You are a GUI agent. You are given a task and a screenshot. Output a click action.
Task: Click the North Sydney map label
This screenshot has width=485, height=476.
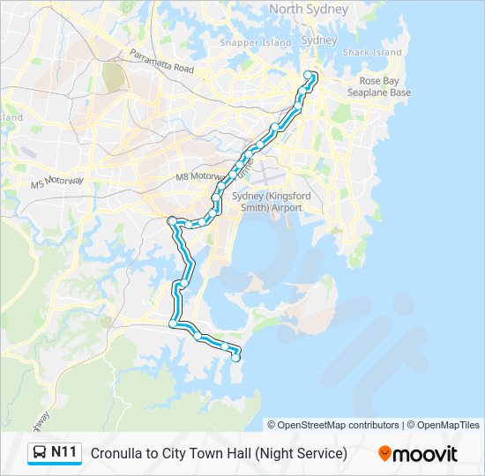point(309,9)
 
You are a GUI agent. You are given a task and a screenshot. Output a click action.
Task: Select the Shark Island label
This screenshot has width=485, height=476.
point(372,52)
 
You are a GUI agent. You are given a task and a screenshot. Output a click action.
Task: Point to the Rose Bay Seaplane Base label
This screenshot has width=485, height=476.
point(378,86)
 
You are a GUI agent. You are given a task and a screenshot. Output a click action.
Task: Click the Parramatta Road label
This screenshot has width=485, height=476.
point(160,60)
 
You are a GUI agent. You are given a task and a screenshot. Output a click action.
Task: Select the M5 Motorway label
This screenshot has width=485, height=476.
point(56,182)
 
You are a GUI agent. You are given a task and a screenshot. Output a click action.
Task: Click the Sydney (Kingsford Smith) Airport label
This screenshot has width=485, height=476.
point(267,202)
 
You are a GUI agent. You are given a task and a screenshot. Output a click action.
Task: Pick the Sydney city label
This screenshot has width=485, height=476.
point(318,41)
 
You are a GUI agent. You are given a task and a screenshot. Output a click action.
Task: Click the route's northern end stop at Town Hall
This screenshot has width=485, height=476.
point(308,75)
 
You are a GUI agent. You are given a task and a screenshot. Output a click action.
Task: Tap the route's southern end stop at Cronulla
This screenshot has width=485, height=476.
point(235,357)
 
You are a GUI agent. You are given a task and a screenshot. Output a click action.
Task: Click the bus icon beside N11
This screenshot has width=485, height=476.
point(41,453)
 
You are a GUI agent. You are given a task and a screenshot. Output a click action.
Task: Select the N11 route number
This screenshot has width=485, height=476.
point(64,453)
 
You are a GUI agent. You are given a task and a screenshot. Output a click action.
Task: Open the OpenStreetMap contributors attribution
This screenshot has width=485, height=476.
point(339,425)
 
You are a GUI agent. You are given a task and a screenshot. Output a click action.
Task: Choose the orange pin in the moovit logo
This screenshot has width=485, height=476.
point(384,454)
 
